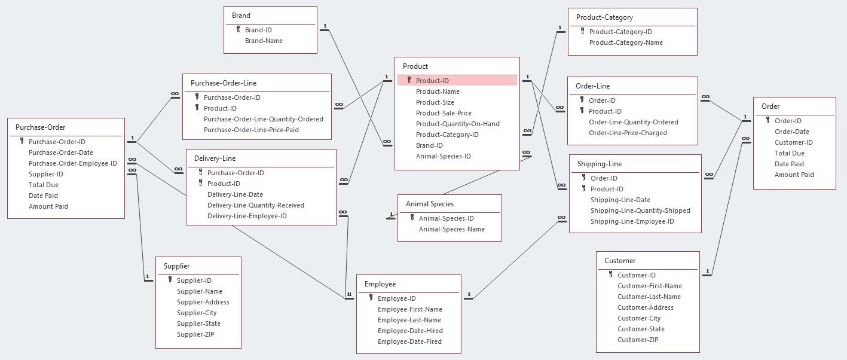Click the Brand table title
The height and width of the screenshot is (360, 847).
coord(241,16)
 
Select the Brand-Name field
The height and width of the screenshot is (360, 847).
coord(264,41)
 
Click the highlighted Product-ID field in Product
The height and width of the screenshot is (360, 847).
coord(432,81)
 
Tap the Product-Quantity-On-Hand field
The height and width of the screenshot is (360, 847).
coord(457,124)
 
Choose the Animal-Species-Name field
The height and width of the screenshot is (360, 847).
coord(451,229)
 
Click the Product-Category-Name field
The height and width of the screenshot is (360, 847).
coord(625,42)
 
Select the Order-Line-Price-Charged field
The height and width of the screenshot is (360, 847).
coord(628,133)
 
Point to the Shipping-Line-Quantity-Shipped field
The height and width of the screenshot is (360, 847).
coord(640,210)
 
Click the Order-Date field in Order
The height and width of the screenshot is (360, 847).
coord(791,132)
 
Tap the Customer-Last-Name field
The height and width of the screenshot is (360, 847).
coord(649,297)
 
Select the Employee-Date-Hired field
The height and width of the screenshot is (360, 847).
coord(409,331)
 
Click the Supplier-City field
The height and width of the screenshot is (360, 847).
coord(197,313)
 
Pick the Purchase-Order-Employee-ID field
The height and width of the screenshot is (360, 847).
coord(72,163)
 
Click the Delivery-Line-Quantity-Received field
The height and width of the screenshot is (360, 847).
coord(255,205)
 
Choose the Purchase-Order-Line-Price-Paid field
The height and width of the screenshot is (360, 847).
coord(251,130)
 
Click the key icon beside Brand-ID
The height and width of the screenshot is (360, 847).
coord(238,29)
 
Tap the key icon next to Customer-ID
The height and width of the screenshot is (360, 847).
coord(610,274)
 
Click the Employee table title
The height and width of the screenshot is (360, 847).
coord(380,284)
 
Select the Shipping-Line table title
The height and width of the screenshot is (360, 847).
coord(599,164)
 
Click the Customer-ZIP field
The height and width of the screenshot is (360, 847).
coord(637,340)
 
